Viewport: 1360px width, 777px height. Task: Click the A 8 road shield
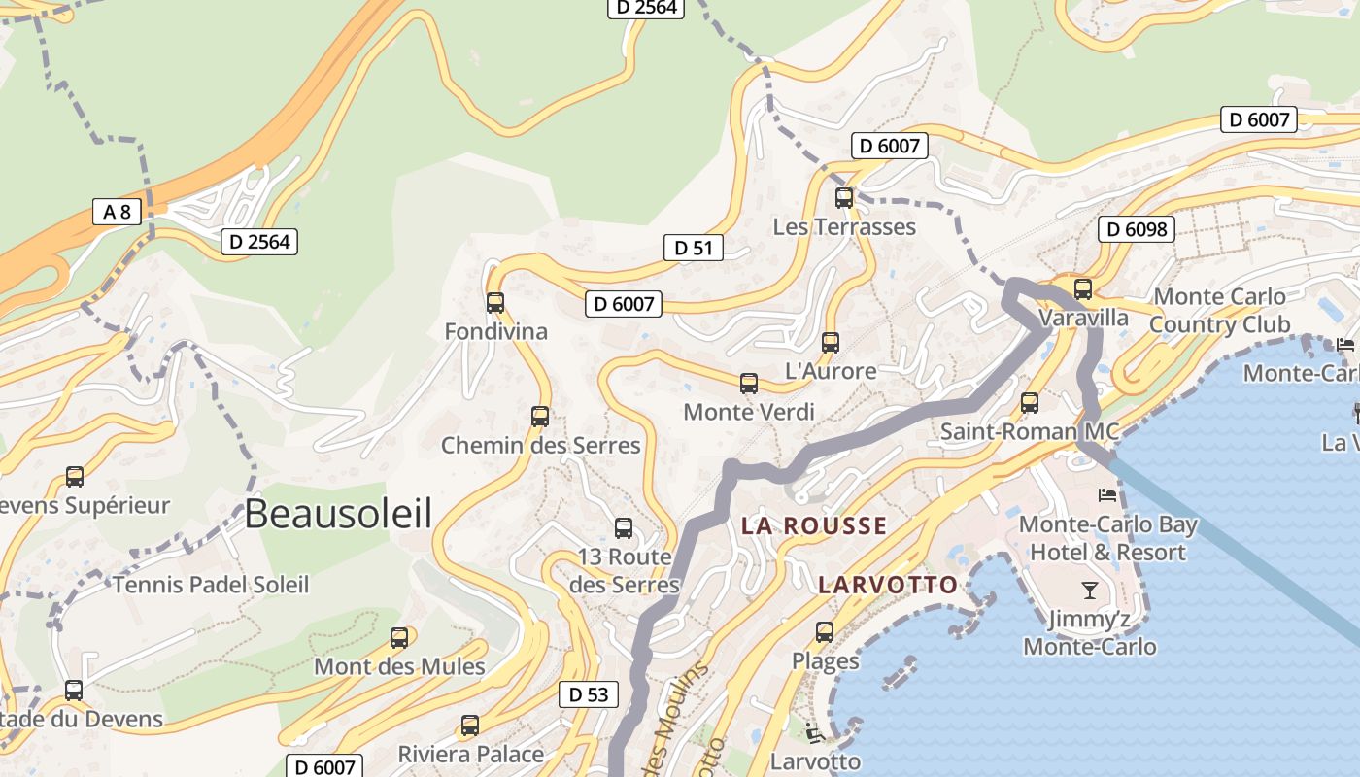(x=118, y=212)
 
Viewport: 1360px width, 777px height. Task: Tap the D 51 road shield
(x=694, y=248)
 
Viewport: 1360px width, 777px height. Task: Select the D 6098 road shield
(x=1137, y=229)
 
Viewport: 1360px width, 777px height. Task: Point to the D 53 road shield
(x=589, y=694)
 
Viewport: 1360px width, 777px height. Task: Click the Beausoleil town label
(x=338, y=514)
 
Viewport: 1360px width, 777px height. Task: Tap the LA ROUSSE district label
(x=814, y=526)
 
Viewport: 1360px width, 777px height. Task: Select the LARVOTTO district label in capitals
(x=888, y=585)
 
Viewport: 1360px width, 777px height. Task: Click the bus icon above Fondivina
(x=495, y=303)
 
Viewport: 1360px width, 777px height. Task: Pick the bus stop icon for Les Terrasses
(x=844, y=198)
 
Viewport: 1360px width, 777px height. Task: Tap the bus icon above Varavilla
(x=1083, y=289)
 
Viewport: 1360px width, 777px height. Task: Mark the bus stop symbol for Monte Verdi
(x=749, y=384)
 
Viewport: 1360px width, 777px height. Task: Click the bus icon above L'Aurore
(x=831, y=343)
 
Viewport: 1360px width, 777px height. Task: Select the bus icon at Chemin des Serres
(x=540, y=417)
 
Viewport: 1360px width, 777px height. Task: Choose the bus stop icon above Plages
(x=825, y=632)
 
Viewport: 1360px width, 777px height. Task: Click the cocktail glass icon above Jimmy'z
(x=1089, y=590)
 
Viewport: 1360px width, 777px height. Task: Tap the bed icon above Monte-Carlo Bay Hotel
(x=1107, y=495)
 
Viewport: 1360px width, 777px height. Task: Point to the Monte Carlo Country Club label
(x=1219, y=311)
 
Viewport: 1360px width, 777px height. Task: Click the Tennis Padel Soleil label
(x=211, y=585)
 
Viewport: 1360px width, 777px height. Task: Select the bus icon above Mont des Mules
(x=399, y=638)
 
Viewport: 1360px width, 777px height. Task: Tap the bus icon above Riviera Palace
(x=470, y=726)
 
